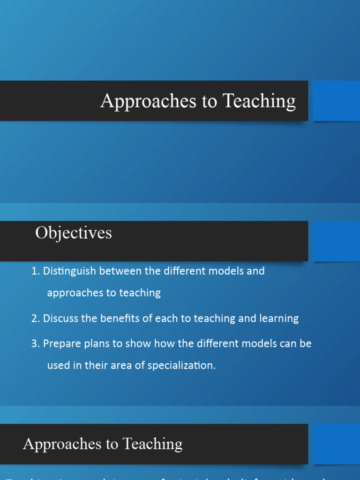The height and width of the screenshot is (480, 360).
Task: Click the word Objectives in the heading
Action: [x=74, y=233]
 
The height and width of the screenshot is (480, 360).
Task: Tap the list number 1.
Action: [x=35, y=271]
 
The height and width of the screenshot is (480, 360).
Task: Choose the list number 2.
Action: [x=35, y=318]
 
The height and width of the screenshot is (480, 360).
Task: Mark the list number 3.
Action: [x=35, y=343]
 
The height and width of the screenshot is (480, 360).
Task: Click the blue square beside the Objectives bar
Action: [x=336, y=241]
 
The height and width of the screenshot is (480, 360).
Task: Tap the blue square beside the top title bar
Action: [x=336, y=101]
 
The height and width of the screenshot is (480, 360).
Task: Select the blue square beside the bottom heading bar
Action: [x=336, y=444]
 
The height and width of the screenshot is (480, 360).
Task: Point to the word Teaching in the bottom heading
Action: [x=153, y=444]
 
